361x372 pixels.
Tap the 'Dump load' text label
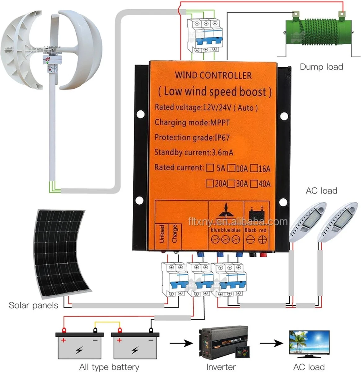coord(321,67)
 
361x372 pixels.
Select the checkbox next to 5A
coord(210,168)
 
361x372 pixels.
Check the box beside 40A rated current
coord(254,184)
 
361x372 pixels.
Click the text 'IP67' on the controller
coord(222,138)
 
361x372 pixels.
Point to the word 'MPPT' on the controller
coord(220,122)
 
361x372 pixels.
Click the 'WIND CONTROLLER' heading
coord(213,75)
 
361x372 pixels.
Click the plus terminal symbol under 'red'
coord(263,239)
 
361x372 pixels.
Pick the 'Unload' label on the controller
coord(162,234)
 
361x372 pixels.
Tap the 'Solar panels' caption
coord(33,305)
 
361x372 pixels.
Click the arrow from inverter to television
coord(271,343)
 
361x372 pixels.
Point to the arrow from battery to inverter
coord(181,343)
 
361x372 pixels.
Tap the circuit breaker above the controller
coord(205,36)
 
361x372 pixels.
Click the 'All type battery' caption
coord(109,367)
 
